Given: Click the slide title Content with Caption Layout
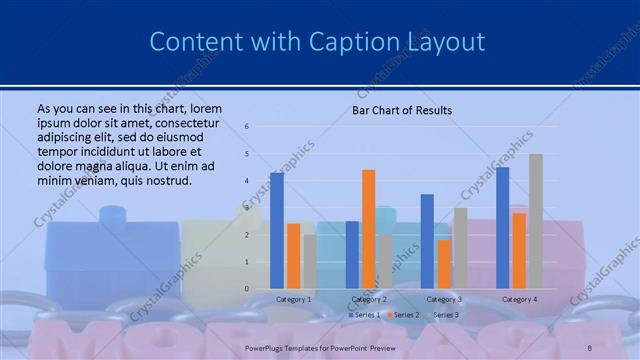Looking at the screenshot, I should pyautogui.click(x=317, y=42).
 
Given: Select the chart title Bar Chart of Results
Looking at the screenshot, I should pyautogui.click(x=402, y=110).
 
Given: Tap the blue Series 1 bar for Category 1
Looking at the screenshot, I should pyautogui.click(x=277, y=230).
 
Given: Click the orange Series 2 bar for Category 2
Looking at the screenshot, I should pyautogui.click(x=368, y=229).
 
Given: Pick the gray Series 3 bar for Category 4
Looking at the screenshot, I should pyautogui.click(x=536, y=221).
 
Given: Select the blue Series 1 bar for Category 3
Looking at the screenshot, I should pyautogui.click(x=427, y=241).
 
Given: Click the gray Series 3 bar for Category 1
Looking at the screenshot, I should pyautogui.click(x=310, y=261).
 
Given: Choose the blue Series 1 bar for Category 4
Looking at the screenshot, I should pyautogui.click(x=502, y=227).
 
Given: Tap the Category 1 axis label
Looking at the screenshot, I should pyautogui.click(x=294, y=299).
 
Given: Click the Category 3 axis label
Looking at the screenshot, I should pyautogui.click(x=444, y=299).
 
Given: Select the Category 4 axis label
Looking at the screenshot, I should pyautogui.click(x=519, y=299).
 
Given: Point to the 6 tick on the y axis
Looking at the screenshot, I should pyautogui.click(x=247, y=127).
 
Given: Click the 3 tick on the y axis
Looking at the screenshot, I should pyautogui.click(x=247, y=208).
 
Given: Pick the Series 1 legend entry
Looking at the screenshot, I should pyautogui.click(x=364, y=315).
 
